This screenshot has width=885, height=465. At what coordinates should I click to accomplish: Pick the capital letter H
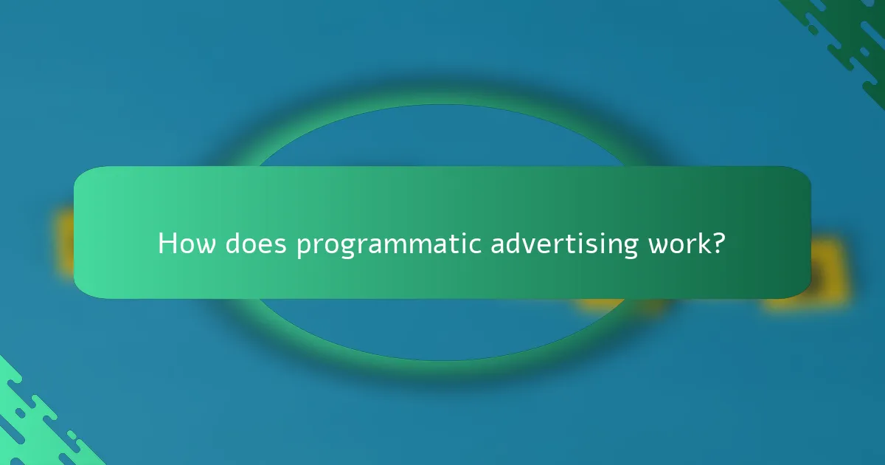(167, 244)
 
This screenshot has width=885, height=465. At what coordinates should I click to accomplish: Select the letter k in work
(704, 243)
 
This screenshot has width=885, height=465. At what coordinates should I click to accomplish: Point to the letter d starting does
(233, 244)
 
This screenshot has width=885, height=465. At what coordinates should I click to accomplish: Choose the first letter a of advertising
(498, 246)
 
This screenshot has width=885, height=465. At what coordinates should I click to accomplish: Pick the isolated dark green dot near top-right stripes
(812, 30)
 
